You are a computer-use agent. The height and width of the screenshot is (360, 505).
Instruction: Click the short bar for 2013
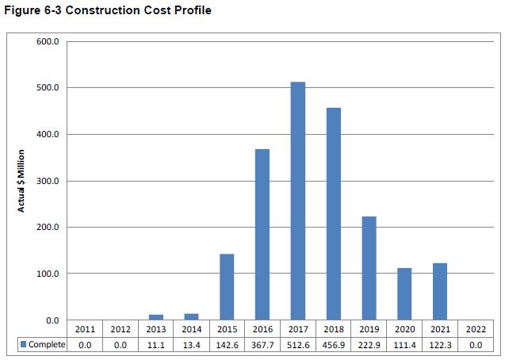tap(155, 317)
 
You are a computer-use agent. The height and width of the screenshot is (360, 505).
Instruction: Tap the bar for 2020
tap(404, 294)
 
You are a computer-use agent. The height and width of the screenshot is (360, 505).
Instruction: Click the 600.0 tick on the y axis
tap(48, 41)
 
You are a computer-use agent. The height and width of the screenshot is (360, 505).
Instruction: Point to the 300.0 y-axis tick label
tap(48, 181)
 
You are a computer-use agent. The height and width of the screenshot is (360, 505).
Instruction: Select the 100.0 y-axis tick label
tap(48, 274)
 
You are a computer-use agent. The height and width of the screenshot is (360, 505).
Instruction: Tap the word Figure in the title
tap(21, 11)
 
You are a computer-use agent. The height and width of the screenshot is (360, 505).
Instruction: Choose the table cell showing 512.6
tap(298, 345)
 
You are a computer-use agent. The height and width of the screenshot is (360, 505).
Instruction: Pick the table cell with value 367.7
tap(262, 345)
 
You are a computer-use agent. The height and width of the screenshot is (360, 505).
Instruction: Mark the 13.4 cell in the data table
tap(191, 345)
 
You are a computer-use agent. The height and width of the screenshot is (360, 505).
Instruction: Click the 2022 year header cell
tap(476, 329)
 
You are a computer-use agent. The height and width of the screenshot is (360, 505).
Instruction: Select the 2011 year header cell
tap(84, 329)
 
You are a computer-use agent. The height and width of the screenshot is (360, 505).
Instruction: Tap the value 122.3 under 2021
tap(440, 345)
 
